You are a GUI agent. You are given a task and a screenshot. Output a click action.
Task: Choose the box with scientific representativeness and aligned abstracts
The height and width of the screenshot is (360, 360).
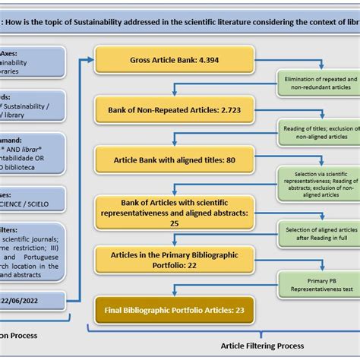pos(174,213)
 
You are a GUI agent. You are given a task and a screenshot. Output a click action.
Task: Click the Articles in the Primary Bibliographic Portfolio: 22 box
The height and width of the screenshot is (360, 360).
pos(174,261)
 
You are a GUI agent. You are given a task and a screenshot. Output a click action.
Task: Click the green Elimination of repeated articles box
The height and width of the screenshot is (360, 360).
pos(320,84)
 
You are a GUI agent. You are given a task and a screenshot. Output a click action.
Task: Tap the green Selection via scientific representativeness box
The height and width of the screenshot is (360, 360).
pos(320,185)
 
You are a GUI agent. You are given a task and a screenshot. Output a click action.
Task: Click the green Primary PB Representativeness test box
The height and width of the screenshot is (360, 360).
pos(320,285)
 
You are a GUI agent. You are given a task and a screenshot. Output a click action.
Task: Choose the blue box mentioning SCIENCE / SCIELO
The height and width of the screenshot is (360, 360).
pos(34,201)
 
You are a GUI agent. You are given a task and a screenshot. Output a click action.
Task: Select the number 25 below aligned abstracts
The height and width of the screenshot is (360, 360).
pos(174,224)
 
